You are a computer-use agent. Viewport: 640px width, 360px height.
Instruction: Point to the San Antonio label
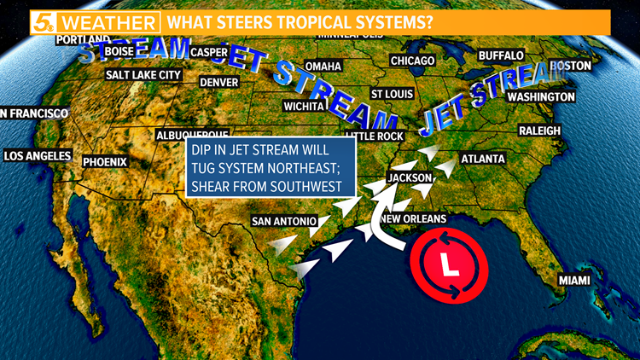[284, 222]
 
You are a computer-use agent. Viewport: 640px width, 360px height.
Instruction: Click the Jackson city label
[410, 177]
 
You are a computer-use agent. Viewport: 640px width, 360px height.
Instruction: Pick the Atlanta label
[483, 159]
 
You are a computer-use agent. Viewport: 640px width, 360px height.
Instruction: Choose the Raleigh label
[539, 131]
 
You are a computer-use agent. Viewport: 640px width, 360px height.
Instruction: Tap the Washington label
[541, 97]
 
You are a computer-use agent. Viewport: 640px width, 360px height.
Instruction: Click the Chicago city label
[412, 61]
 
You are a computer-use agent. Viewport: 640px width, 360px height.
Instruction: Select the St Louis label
[392, 94]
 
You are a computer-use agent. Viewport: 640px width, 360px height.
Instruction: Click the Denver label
[218, 83]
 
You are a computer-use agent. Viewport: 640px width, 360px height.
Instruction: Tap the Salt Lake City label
[143, 75]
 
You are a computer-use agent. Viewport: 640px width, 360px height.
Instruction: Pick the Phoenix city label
[105, 161]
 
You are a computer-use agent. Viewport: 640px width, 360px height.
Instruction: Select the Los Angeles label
[37, 156]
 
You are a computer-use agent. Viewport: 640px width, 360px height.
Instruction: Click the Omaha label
[323, 67]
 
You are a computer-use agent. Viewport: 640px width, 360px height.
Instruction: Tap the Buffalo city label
[501, 55]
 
